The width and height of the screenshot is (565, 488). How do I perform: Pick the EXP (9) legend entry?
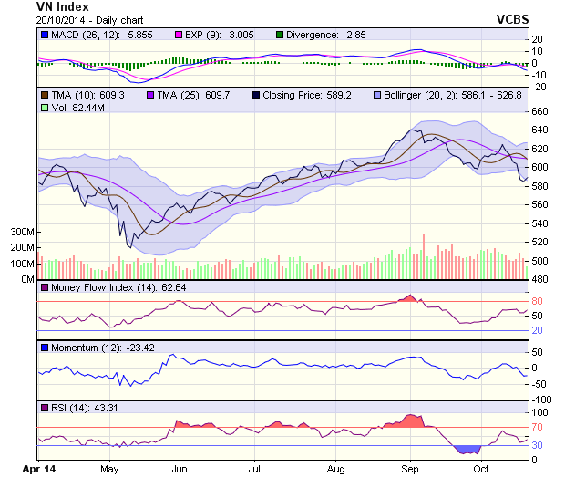(x=213, y=35)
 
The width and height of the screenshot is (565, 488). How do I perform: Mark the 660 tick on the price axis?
(x=540, y=111)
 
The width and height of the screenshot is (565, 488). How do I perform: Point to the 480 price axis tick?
(x=540, y=279)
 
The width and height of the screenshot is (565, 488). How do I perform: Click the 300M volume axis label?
(x=22, y=233)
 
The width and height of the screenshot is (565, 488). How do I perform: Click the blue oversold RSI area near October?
(x=467, y=450)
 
